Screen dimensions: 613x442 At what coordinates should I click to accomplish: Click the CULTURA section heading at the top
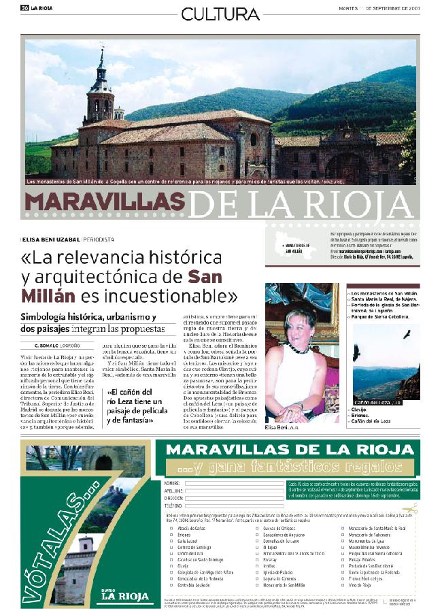pyautogui.click(x=220, y=14)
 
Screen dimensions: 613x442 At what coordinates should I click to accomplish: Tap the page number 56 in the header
pyautogui.click(x=24, y=8)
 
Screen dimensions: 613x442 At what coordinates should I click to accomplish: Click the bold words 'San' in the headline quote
pyautogui.click(x=205, y=277)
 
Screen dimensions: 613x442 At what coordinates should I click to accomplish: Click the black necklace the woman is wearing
pyautogui.click(x=296, y=348)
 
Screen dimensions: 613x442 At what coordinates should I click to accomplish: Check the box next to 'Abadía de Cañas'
pyautogui.click(x=171, y=528)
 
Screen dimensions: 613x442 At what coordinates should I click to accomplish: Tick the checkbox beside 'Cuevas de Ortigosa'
pyautogui.click(x=256, y=528)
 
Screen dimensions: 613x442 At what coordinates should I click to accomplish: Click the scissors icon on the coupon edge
pyautogui.click(x=412, y=508)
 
